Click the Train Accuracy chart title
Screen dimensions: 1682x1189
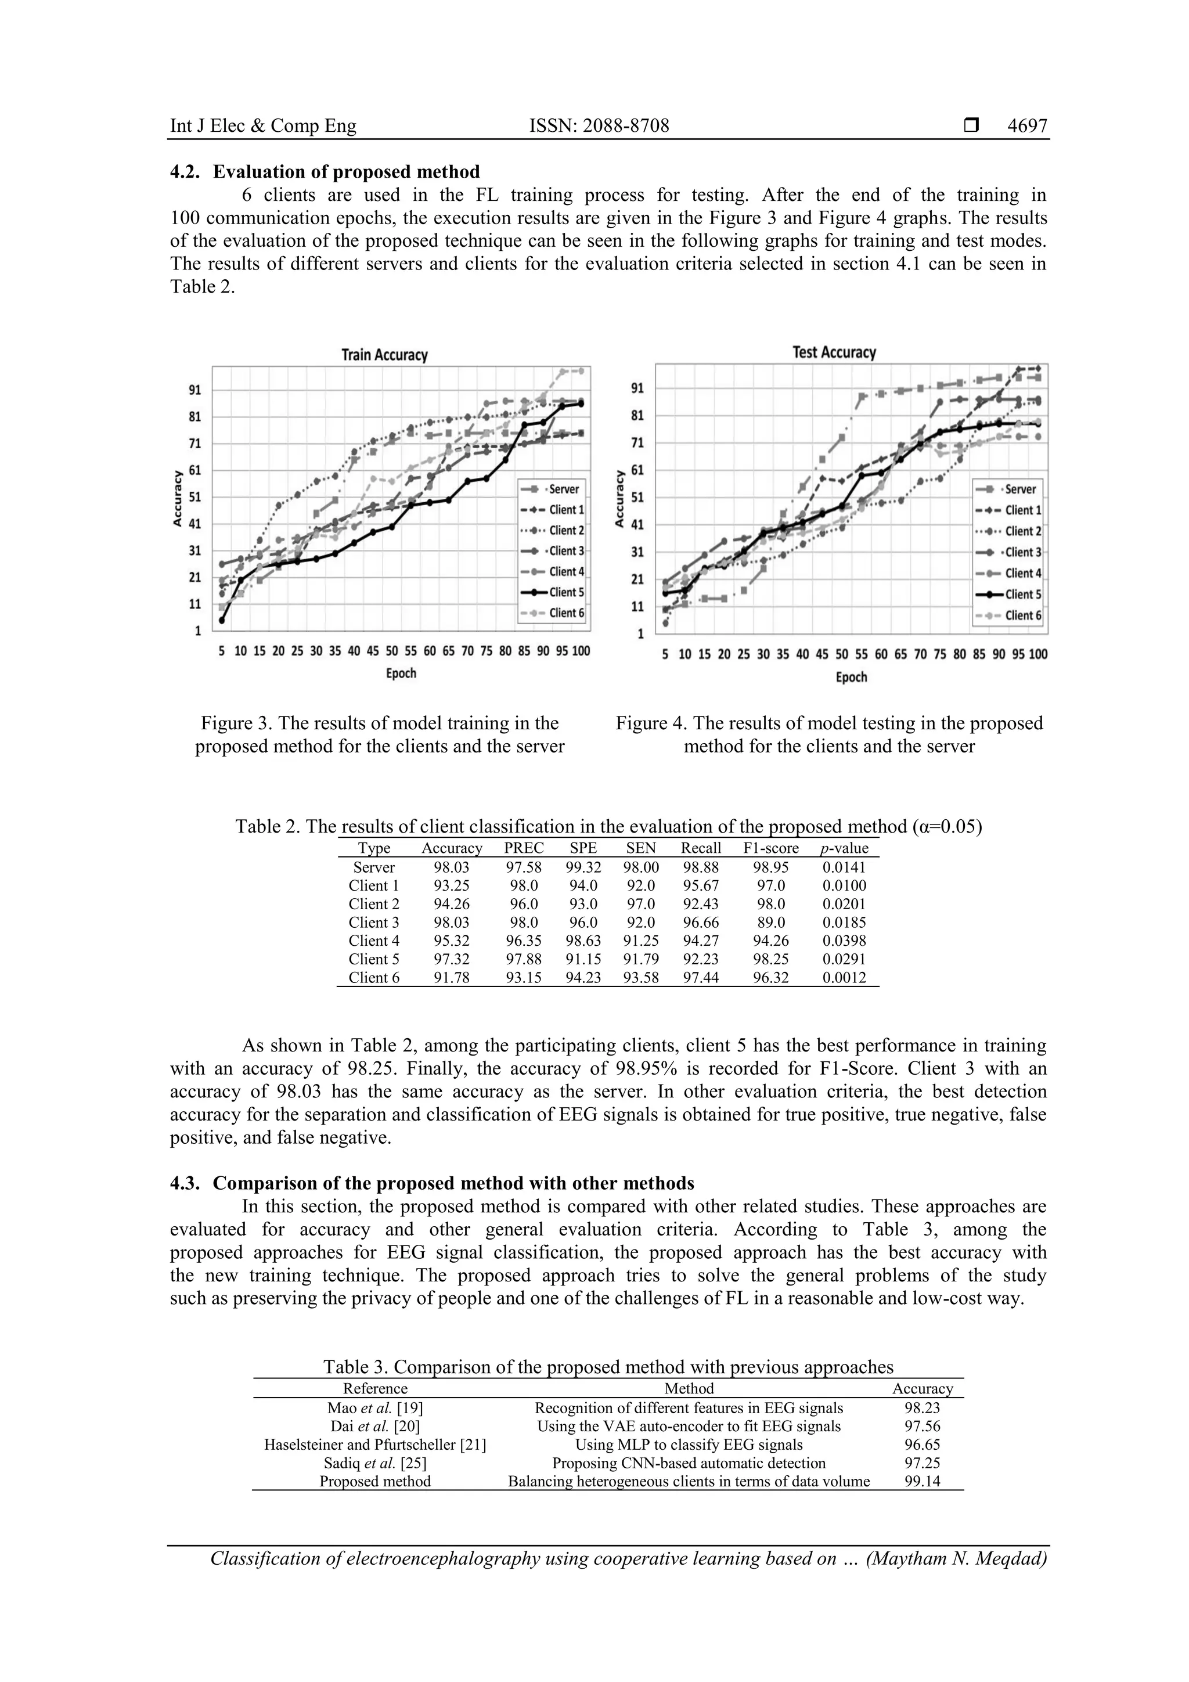point(384,355)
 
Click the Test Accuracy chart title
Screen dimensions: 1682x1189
point(834,352)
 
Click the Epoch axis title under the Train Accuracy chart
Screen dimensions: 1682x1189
point(401,673)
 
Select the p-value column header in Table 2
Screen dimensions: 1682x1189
point(844,848)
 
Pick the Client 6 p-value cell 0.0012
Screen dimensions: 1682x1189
point(844,977)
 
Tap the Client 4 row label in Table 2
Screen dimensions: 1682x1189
point(374,941)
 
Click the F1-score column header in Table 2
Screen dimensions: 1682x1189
point(770,848)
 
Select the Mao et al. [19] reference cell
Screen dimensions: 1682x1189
point(375,1408)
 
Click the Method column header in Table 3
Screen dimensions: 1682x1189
point(689,1388)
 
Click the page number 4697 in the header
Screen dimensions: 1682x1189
point(1026,126)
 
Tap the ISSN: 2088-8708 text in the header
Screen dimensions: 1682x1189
point(599,126)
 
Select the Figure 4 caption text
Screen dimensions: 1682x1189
point(828,735)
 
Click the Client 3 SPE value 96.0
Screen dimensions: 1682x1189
point(582,923)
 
